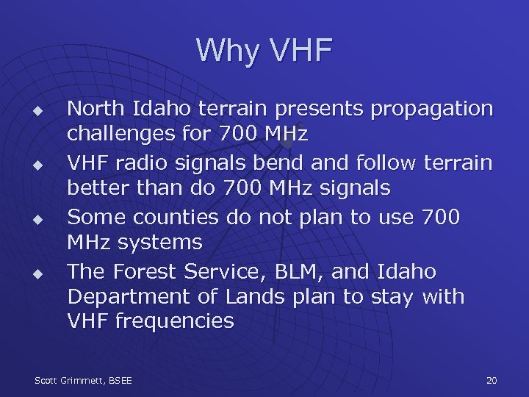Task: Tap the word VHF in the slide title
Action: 301,51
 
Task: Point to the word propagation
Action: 432,110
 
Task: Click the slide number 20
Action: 492,380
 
